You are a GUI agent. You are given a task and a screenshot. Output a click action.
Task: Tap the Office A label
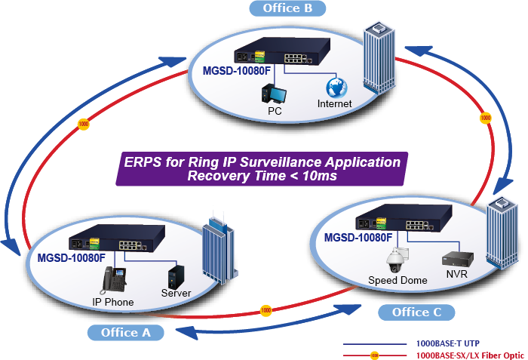pos(120,332)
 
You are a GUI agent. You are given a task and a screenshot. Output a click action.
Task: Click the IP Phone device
pos(113,282)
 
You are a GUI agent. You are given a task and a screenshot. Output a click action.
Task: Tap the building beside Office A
pos(217,253)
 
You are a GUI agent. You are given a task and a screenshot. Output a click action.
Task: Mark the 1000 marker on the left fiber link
pos(83,123)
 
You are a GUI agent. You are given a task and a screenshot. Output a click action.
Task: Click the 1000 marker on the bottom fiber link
pos(266,310)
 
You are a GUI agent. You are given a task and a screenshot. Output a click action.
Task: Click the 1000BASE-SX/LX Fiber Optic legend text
pos(470,355)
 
